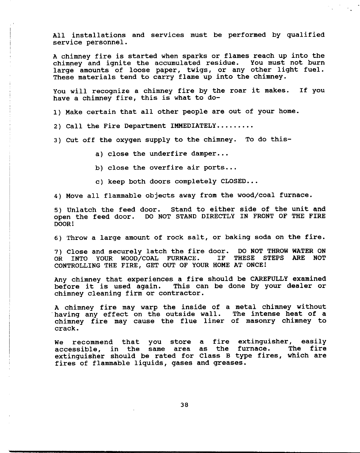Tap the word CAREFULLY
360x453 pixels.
tap(269, 279)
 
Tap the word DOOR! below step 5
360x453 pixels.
tap(61, 224)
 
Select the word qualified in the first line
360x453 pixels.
tap(306, 35)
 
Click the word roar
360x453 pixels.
tap(237, 91)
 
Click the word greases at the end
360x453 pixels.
tap(230, 363)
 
